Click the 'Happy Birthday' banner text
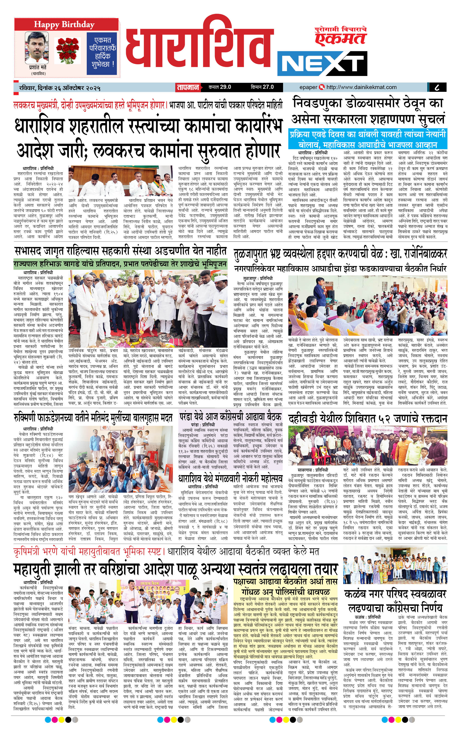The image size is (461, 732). click(x=64, y=24)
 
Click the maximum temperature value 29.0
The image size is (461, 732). click(x=225, y=87)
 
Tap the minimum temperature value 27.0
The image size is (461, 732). click(x=268, y=87)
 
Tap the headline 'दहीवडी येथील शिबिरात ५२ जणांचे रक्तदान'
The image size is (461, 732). click(x=367, y=419)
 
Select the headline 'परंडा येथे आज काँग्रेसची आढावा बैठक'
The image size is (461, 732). click(x=230, y=417)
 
